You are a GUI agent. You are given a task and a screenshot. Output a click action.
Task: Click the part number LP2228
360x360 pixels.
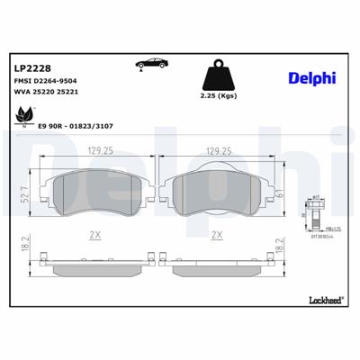tap(33, 67)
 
